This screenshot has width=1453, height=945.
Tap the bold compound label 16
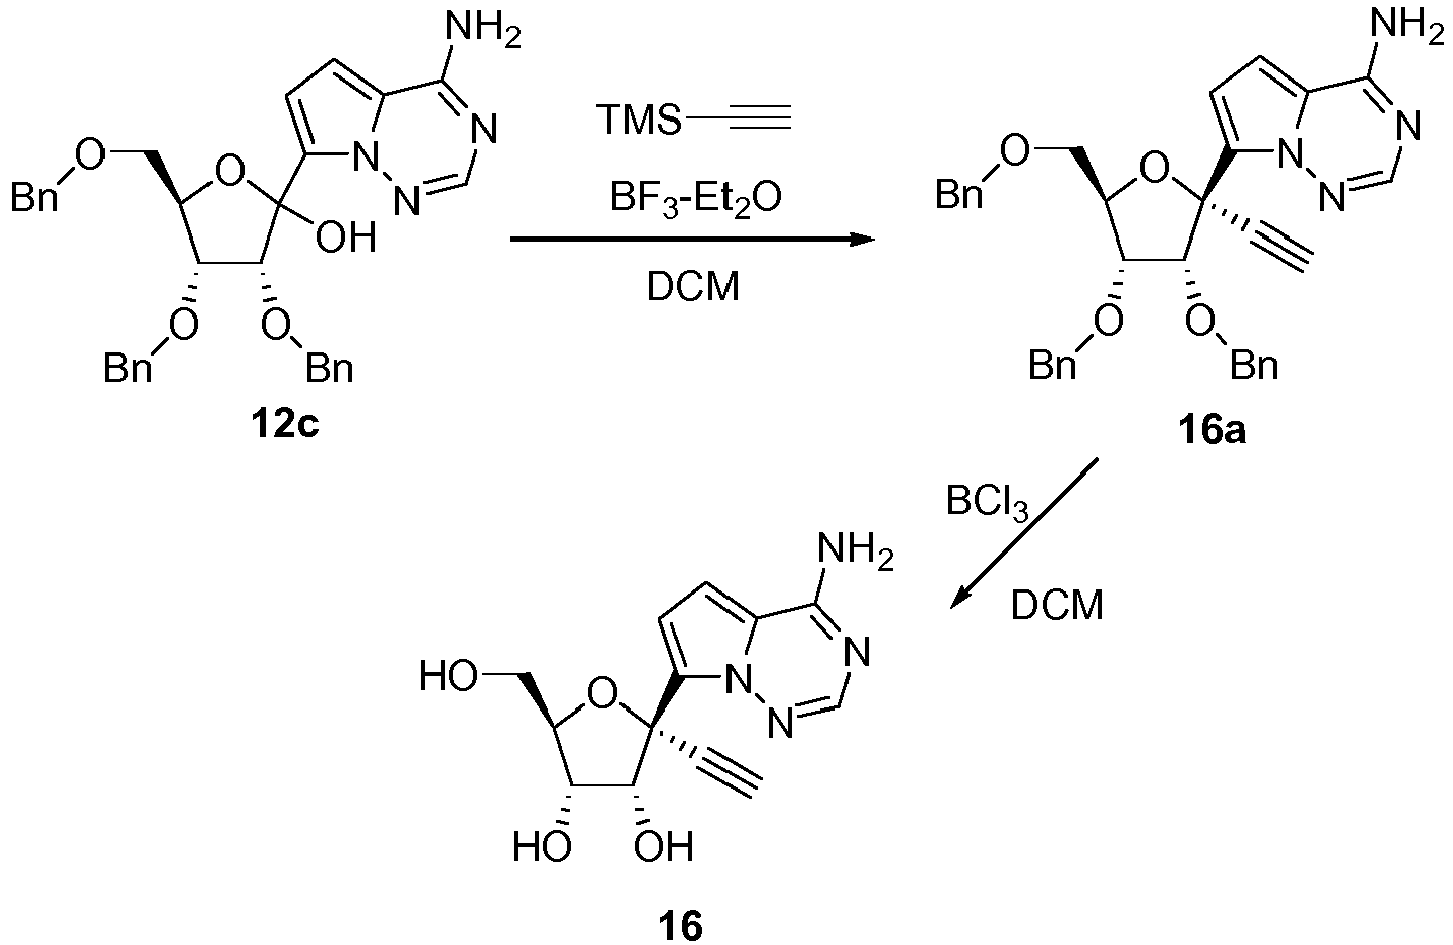680,926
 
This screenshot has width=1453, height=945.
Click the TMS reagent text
640,120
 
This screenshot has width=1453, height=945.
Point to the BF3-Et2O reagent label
695,198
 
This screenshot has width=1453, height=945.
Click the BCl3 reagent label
987,503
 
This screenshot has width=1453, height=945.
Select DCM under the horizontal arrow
693,286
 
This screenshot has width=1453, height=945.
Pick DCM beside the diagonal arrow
1057,606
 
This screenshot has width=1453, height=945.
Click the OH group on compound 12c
346,237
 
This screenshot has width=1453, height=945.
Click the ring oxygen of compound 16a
1156,170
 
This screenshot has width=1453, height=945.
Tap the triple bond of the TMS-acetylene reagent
760,119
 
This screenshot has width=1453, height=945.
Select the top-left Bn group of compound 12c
34,196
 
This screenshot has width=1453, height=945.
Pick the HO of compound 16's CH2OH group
448,676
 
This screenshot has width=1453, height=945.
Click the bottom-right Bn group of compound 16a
1255,365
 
